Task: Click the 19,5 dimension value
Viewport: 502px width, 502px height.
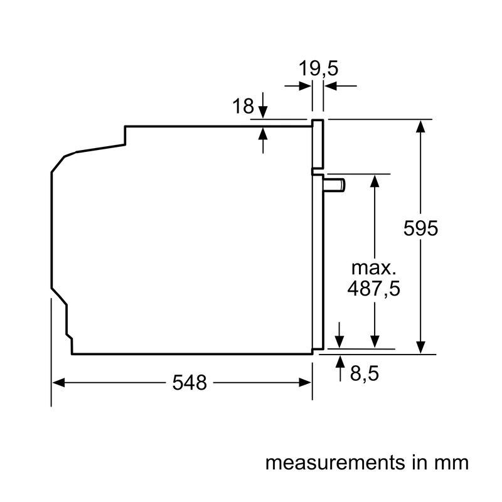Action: tap(318, 68)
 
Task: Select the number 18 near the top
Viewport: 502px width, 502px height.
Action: tap(243, 106)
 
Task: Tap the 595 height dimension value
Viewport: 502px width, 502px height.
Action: tap(420, 228)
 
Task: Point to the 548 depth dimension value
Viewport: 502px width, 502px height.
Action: tap(190, 382)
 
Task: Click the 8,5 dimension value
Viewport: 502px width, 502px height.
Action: tap(365, 373)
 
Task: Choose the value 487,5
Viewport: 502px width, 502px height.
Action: tap(373, 289)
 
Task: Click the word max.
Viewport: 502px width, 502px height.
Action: tap(373, 269)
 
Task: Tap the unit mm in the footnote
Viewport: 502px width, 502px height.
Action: tap(451, 463)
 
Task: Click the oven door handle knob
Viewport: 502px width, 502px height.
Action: tap(334, 185)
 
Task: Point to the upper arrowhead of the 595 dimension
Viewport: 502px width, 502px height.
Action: tap(420, 126)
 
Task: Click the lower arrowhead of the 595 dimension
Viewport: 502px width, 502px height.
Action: tap(420, 348)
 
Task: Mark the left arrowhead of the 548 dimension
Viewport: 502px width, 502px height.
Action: tap(58, 382)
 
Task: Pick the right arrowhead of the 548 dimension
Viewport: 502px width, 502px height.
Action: tap(305, 382)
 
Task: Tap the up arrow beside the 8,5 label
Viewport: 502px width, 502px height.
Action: tap(340, 368)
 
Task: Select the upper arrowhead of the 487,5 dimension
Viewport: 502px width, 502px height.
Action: tap(375, 181)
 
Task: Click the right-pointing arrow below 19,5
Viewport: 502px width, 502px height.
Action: tap(297, 86)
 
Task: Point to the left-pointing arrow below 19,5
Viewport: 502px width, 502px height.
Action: tap(340, 86)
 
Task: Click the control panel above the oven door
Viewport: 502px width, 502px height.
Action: tap(318, 144)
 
